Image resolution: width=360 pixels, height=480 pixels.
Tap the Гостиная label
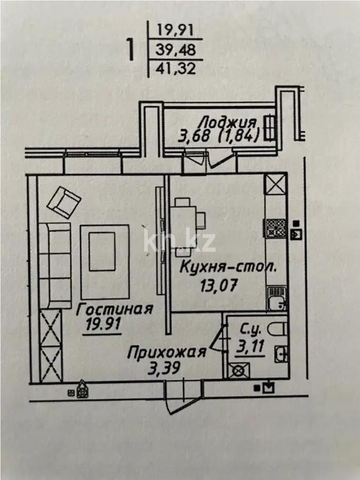coord(114,309)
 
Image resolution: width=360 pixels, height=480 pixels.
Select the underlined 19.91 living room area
coord(102,325)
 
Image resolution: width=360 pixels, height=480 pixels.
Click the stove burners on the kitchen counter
coord(276,229)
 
